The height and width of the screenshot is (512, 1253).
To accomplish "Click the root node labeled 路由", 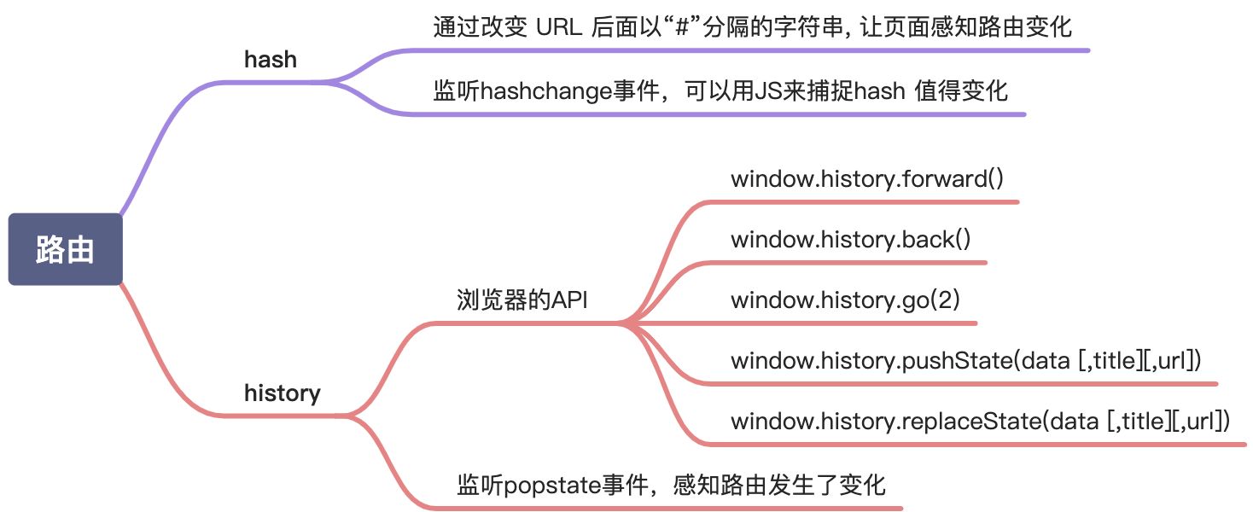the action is click(65, 249).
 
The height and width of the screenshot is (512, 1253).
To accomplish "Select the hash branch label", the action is click(270, 60).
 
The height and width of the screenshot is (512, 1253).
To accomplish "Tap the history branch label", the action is click(282, 393).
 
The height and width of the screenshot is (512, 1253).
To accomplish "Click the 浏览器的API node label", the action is click(522, 300).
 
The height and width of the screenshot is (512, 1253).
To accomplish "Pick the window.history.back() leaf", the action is click(850, 240).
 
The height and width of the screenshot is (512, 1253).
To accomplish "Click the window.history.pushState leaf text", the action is click(965, 360).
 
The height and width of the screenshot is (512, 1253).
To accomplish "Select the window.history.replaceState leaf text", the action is click(979, 421).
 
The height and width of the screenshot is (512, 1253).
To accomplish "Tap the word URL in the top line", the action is click(558, 27).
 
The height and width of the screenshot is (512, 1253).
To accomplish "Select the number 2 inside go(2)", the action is click(955, 300).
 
